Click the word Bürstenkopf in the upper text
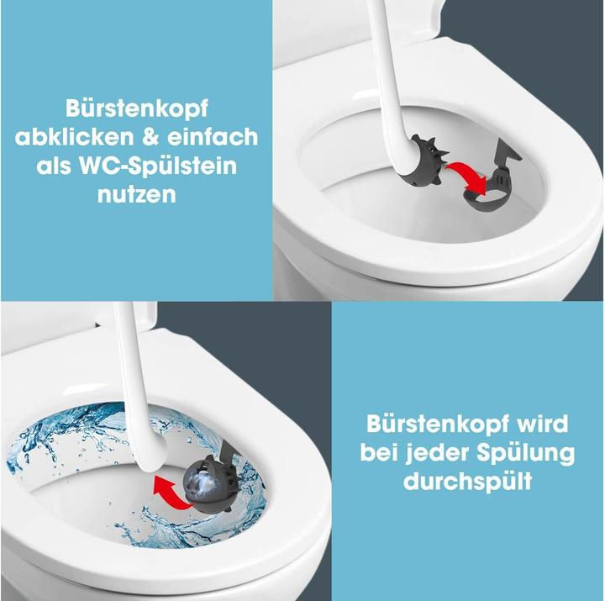[x=136, y=108]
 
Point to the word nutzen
[x=136, y=194]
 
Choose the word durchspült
[x=468, y=482]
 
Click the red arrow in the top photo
[x=464, y=175]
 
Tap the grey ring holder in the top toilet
[x=492, y=189]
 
